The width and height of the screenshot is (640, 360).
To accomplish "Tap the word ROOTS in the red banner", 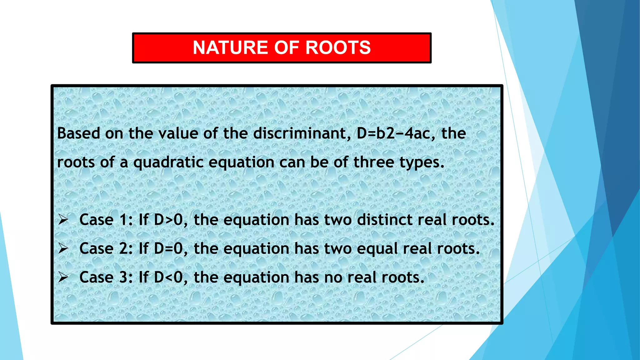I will tap(338, 48).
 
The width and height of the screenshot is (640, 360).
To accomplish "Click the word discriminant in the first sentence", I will tap(300, 133).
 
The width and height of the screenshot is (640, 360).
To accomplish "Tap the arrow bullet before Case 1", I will tap(63, 220).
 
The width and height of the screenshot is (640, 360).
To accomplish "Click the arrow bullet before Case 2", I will tap(63, 248).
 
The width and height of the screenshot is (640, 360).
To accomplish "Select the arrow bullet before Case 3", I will tap(63, 277).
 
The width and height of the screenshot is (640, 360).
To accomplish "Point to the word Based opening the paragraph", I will tap(78, 133).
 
